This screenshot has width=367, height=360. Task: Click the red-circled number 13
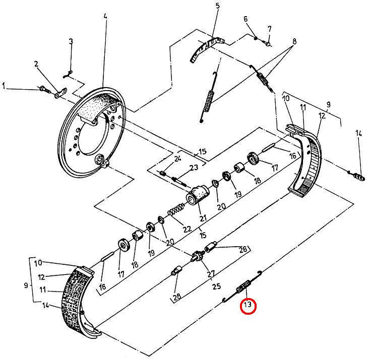248,305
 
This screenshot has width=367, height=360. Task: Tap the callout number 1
4,87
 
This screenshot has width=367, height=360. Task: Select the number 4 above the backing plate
105,17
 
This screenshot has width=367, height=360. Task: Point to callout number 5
217,6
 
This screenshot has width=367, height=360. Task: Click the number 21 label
203,219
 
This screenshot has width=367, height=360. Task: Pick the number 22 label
187,229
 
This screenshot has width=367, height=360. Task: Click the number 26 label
242,249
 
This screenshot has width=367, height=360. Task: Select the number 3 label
71,41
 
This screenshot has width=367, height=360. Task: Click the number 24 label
177,159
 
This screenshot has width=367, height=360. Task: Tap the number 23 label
179,168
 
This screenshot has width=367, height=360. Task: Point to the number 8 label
294,41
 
